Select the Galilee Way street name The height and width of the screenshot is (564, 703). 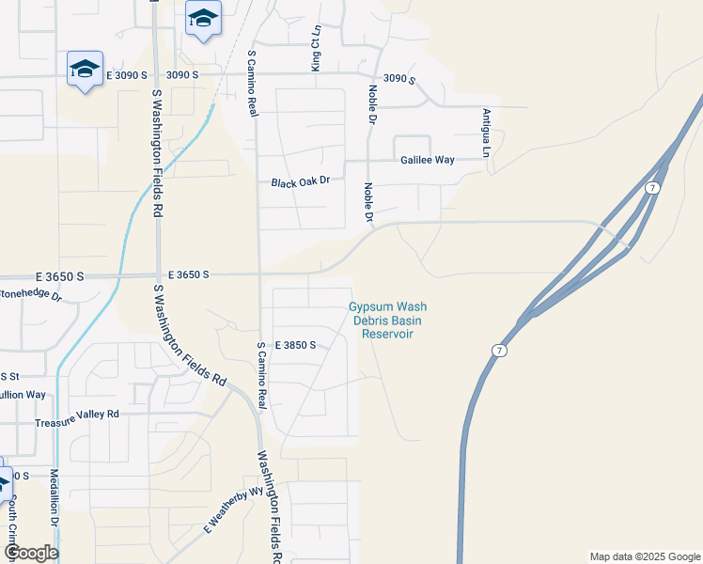tap(428, 160)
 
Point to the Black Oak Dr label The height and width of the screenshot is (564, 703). tap(301, 181)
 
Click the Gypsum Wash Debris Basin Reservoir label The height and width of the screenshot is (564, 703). tap(388, 321)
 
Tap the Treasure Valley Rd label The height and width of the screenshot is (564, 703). tap(77, 414)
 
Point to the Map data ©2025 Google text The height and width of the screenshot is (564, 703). tap(644, 556)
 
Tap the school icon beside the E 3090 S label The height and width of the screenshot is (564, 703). tap(85, 69)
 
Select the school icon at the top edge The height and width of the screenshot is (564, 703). tap(203, 18)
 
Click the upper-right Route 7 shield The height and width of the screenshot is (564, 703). tap(651, 189)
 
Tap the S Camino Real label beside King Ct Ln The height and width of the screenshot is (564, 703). tap(253, 83)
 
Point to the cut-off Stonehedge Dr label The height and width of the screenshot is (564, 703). tap(31, 295)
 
